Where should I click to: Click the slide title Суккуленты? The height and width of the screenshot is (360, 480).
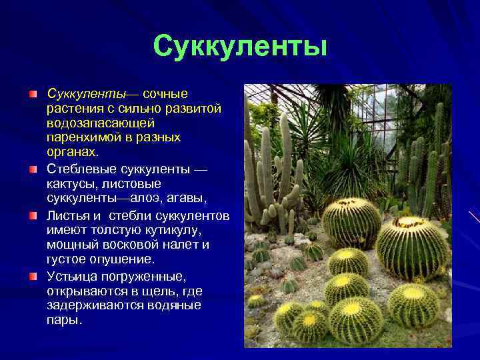click(x=240, y=46)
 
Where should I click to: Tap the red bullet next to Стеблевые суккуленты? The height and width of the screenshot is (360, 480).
click(x=33, y=170)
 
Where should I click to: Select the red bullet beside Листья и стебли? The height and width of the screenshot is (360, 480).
click(x=33, y=216)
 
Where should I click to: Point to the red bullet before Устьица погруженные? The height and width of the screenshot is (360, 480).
click(x=33, y=275)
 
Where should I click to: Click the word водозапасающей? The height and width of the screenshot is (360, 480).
click(x=101, y=123)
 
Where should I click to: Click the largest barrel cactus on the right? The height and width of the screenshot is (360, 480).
click(x=413, y=247)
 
